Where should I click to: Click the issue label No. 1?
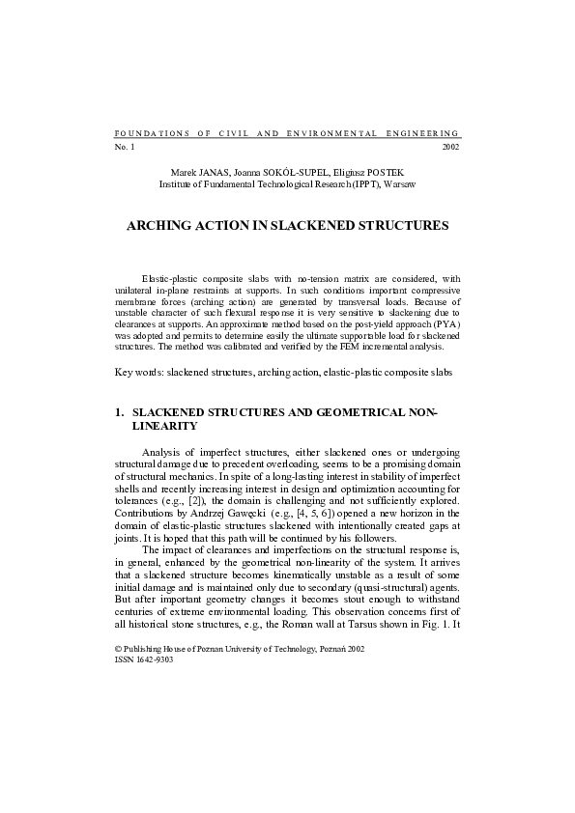point(125,147)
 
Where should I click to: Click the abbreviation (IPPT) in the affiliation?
point(365,182)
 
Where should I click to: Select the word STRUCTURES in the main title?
point(401,225)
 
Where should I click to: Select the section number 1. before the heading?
point(119,412)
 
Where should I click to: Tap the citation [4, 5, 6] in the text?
point(252,512)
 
